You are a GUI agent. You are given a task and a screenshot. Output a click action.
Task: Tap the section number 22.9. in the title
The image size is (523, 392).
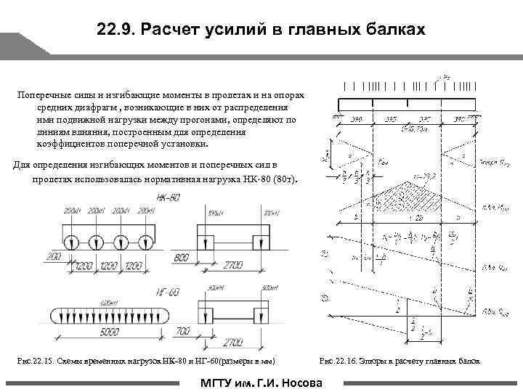click(115, 31)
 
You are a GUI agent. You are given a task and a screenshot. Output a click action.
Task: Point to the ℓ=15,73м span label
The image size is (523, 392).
click(415, 126)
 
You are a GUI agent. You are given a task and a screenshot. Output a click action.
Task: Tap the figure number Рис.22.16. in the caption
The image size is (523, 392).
click(338, 362)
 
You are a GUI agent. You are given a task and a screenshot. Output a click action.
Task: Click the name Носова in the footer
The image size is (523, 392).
click(305, 383)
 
